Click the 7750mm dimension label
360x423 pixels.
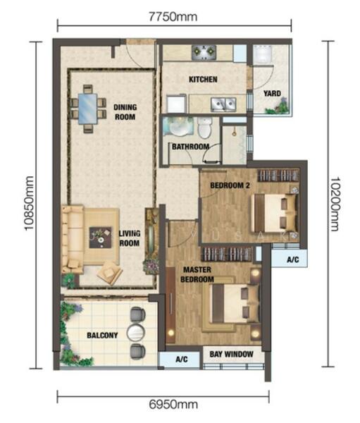click(173, 17)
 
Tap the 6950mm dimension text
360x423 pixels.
click(173, 405)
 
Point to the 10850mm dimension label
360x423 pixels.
click(29, 203)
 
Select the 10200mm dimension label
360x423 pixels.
click(335, 204)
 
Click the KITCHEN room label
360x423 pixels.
click(203, 79)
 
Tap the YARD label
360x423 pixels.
click(272, 93)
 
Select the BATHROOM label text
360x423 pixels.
click(191, 147)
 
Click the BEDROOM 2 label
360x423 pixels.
click(230, 185)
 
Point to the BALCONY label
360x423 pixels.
click(102, 336)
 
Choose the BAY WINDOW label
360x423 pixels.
click(231, 354)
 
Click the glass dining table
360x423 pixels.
click(87, 109)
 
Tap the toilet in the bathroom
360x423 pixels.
click(205, 128)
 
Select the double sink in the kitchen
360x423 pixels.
click(223, 104)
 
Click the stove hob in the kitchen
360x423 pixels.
click(204, 53)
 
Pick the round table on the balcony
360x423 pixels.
click(136, 333)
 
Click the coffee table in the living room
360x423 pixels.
click(101, 238)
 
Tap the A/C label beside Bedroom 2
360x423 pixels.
click(292, 259)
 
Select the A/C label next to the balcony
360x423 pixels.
click(182, 359)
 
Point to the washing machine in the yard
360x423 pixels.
click(262, 54)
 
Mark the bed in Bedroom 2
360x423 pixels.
click(275, 214)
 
